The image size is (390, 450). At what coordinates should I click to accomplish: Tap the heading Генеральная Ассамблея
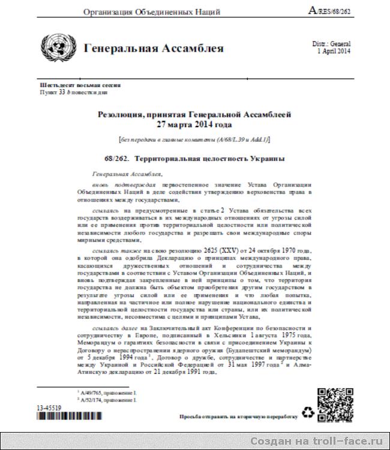(154, 48)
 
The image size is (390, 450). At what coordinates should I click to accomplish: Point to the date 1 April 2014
(334, 52)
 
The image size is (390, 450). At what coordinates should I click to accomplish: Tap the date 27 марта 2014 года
(194, 125)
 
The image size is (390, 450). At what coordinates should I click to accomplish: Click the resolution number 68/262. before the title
(118, 159)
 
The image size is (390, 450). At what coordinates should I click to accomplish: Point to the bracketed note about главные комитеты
(194, 139)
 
